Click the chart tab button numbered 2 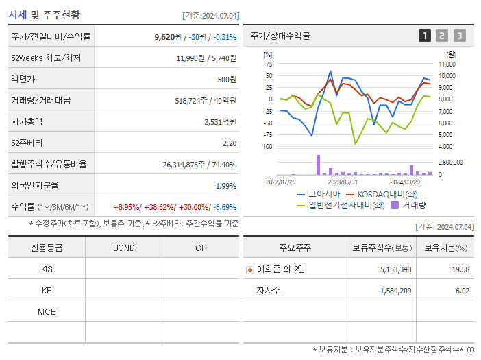pyautogui.click(x=442, y=36)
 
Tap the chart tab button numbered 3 pyautogui.click(x=459, y=36)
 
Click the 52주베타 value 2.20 pyautogui.click(x=229, y=143)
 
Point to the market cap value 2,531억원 pyautogui.click(x=220, y=122)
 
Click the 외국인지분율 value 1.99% pyautogui.click(x=225, y=186)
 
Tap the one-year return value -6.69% pyautogui.click(x=224, y=207)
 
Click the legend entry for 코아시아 pyautogui.click(x=319, y=194)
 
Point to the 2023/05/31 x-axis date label pyautogui.click(x=343, y=182)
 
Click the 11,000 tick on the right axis pyautogui.click(x=447, y=64)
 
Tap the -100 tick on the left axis pyautogui.click(x=267, y=146)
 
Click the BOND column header pyautogui.click(x=123, y=248)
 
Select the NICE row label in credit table pyautogui.click(x=47, y=312)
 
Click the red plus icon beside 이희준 pyautogui.click(x=250, y=270)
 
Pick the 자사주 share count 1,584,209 pyautogui.click(x=395, y=291)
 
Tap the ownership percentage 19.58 pyautogui.click(x=460, y=269)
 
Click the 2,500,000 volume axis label pyautogui.click(x=450, y=163)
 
